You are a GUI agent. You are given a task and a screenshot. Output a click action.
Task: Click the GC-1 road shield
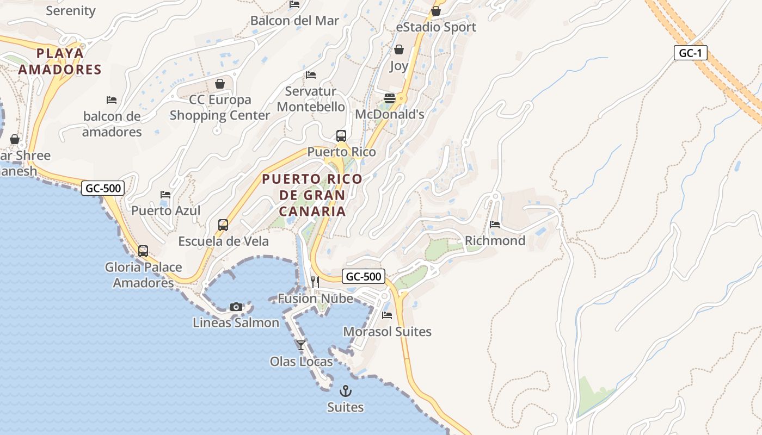(x=690, y=53)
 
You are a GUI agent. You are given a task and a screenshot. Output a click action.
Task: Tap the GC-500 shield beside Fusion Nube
(x=364, y=276)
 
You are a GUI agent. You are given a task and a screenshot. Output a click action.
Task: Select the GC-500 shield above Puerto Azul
(x=103, y=188)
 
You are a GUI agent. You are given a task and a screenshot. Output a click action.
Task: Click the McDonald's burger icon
(x=390, y=98)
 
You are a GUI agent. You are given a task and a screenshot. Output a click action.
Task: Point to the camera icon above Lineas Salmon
(x=236, y=307)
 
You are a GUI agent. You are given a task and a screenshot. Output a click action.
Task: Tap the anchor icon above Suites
(x=345, y=391)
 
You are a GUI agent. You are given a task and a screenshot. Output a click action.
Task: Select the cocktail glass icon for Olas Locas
(x=300, y=345)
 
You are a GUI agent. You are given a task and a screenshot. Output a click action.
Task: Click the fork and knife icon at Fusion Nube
(x=315, y=282)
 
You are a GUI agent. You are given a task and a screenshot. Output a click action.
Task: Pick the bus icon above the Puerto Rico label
(x=341, y=136)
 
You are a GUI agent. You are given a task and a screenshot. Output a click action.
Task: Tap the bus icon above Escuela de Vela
(x=223, y=225)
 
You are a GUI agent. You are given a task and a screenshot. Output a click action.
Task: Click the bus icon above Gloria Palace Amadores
(x=143, y=251)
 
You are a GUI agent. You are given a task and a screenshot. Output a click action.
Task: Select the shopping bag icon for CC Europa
(x=220, y=84)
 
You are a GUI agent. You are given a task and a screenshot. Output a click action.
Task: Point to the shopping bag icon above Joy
(x=399, y=50)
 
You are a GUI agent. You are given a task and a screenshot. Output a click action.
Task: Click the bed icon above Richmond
(x=495, y=224)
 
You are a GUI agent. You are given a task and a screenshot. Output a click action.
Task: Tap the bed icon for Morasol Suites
(x=387, y=315)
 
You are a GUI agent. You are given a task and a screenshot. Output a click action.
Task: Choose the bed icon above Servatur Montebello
(x=311, y=75)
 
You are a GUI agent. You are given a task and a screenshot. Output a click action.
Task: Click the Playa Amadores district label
(x=60, y=61)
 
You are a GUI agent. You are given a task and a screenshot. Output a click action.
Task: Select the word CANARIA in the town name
(x=311, y=211)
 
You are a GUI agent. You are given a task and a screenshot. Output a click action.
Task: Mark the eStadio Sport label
(x=436, y=27)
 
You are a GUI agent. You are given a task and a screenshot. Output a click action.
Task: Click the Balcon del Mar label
(x=294, y=21)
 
